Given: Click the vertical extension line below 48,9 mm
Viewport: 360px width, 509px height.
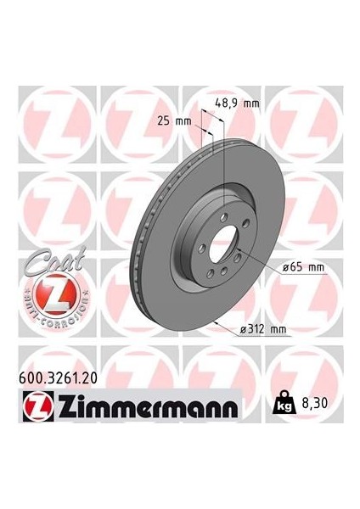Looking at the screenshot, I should (x=222, y=153).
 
